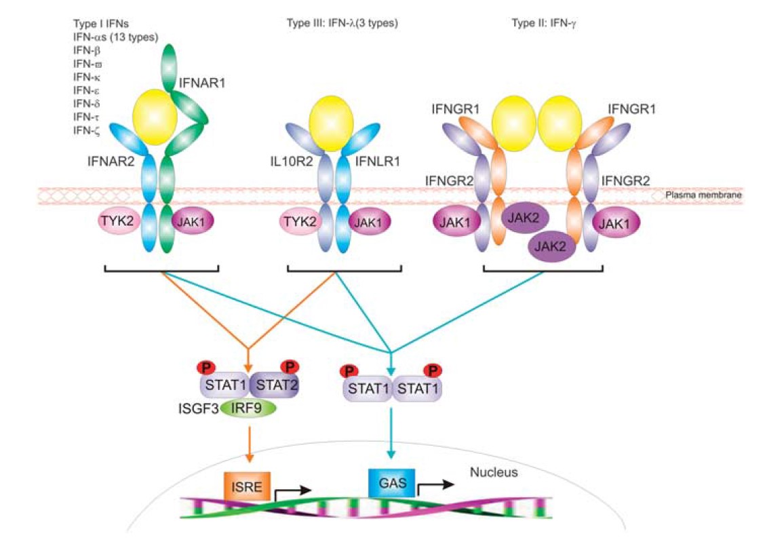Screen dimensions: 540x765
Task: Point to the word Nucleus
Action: point(493,471)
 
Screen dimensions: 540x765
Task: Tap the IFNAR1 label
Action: point(201,84)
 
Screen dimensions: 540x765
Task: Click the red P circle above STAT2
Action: point(290,367)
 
